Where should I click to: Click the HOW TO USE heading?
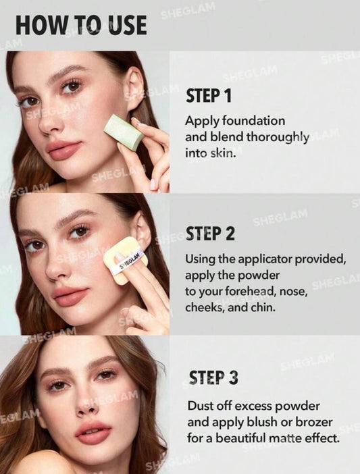[81, 25]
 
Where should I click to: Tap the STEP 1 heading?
[209, 96]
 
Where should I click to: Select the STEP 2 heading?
[210, 234]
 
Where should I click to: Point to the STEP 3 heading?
[213, 378]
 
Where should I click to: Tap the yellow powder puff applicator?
[122, 259]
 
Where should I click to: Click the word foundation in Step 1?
[253, 121]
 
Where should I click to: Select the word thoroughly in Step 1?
[278, 138]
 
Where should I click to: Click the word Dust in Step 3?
[199, 406]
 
